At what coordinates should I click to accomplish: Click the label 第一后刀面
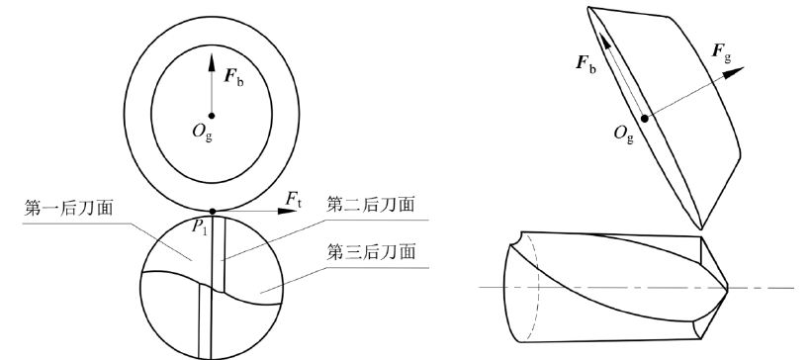click(x=64, y=209)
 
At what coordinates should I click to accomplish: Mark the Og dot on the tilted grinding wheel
click(x=646, y=118)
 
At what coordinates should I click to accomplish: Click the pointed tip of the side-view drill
click(x=729, y=288)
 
